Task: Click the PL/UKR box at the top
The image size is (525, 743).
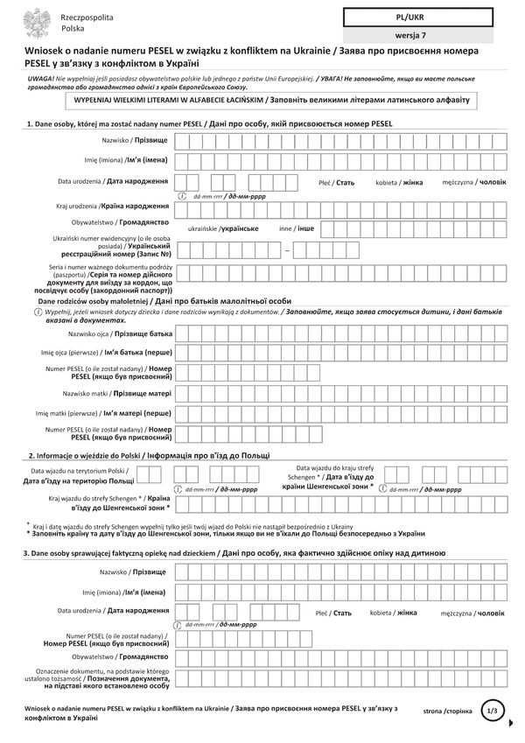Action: [x=417, y=17]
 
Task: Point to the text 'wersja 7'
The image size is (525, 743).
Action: [x=417, y=35]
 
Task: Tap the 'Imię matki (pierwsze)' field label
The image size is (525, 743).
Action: [x=103, y=412]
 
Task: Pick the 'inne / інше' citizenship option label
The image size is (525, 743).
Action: [x=297, y=228]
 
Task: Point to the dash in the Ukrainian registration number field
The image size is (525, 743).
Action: [x=286, y=251]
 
